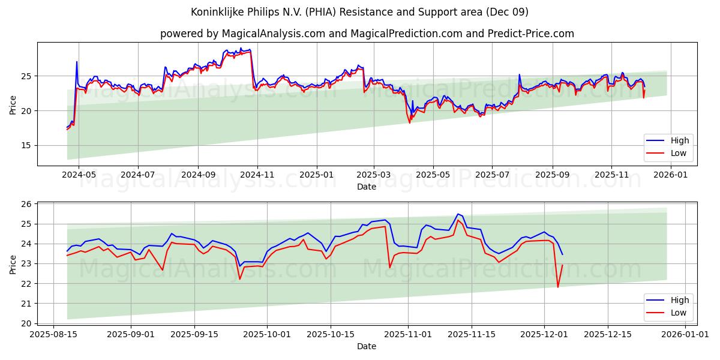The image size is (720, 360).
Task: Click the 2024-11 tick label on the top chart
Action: click(x=257, y=175)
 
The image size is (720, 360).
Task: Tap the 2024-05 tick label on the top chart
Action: click(x=79, y=175)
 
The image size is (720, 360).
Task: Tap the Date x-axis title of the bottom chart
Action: click(x=366, y=346)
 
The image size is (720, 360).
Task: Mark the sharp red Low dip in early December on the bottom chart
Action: click(x=557, y=287)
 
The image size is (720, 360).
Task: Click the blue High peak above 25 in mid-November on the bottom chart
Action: click(x=458, y=214)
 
